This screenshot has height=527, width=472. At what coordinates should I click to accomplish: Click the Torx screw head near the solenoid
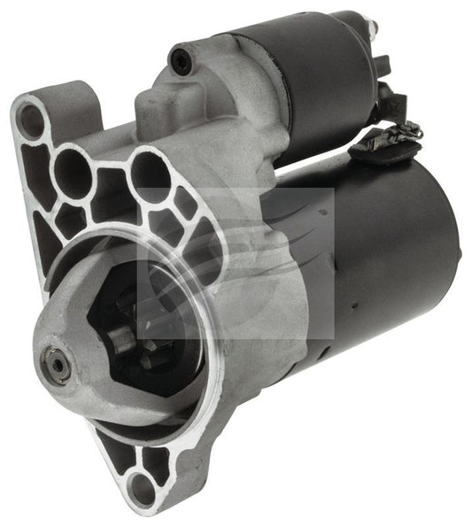181,60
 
